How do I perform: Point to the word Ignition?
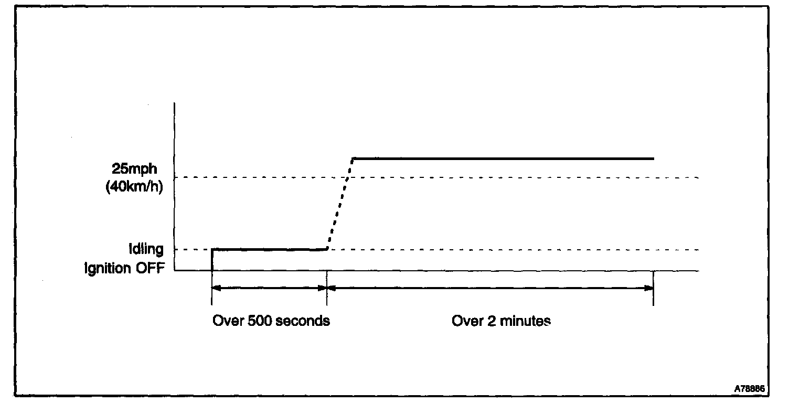(109, 268)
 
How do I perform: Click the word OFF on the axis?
(151, 268)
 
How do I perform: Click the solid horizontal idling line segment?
(269, 249)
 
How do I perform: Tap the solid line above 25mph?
(504, 158)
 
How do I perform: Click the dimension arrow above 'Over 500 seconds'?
(269, 288)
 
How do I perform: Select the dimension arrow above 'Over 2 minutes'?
(490, 288)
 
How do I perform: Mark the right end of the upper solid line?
(653, 158)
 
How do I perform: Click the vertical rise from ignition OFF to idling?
(212, 259)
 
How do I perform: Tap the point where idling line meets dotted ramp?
(327, 249)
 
